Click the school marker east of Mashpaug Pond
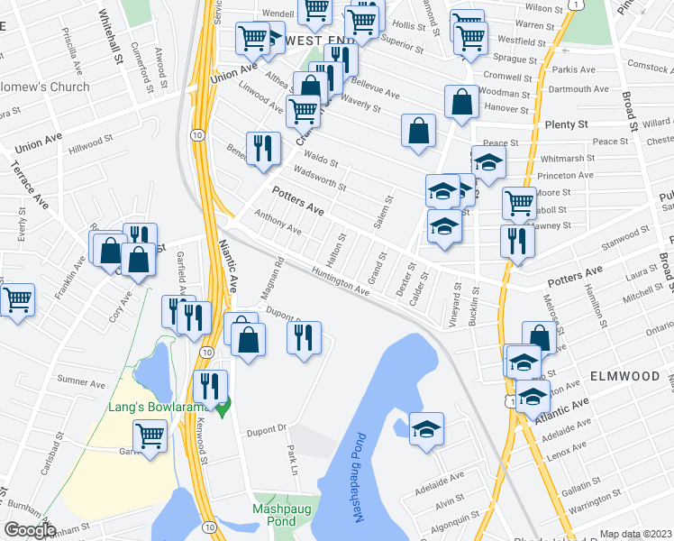click(x=427, y=429)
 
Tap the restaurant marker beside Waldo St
click(x=263, y=149)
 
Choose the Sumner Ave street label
click(x=77, y=381)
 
